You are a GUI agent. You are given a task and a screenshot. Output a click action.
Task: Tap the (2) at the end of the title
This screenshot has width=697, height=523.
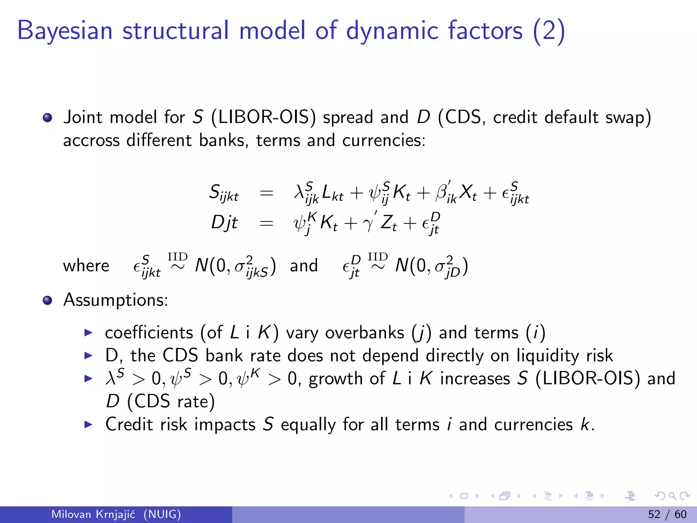coord(549,31)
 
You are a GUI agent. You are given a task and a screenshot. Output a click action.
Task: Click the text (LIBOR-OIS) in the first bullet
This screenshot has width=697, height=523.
coord(263,117)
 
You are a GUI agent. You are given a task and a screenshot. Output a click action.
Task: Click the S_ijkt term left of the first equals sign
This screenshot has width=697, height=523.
coord(223,193)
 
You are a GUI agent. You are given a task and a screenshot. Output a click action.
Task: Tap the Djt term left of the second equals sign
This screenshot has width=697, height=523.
coord(224,223)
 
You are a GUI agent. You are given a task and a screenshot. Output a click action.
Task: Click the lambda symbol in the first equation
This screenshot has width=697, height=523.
coord(299,192)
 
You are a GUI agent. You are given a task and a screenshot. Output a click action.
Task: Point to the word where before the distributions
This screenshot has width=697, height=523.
coord(86,266)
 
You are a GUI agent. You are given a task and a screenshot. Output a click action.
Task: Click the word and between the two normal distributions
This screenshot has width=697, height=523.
coord(304,266)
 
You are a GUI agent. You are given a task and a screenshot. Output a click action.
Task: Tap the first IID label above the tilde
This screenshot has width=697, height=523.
coord(177,256)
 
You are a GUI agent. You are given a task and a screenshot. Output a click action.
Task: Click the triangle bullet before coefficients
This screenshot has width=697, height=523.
coord(88,333)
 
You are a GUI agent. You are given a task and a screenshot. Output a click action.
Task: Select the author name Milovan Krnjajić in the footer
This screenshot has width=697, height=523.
coord(93,514)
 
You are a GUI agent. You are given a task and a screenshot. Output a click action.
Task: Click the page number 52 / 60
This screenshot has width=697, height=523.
coord(667,514)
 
